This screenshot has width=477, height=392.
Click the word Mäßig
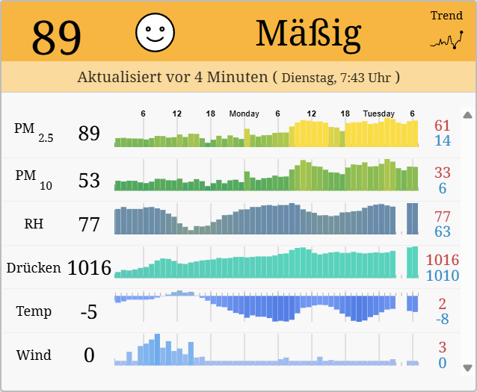[x=308, y=33]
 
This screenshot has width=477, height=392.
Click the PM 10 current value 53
[x=89, y=180]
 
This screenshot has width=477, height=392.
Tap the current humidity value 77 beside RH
[x=89, y=224]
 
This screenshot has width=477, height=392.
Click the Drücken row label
[x=34, y=267]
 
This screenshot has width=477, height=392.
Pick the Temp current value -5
[x=89, y=311]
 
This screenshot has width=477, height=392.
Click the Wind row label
[x=34, y=355]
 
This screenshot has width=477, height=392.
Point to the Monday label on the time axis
[x=244, y=113]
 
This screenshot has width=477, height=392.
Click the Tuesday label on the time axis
[x=378, y=113]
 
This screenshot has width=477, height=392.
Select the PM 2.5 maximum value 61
[x=443, y=125]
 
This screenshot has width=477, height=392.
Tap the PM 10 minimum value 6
[x=443, y=188]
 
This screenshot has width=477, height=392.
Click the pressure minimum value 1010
[x=443, y=276]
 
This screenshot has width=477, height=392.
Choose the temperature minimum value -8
[x=443, y=319]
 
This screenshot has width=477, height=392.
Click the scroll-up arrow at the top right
[x=468, y=115]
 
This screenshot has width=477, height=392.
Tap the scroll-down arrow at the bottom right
[x=468, y=367]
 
